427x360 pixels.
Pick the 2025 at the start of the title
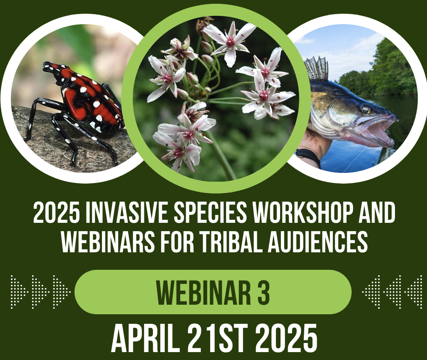[x=52, y=215]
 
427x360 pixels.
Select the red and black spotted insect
[x=79, y=104]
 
